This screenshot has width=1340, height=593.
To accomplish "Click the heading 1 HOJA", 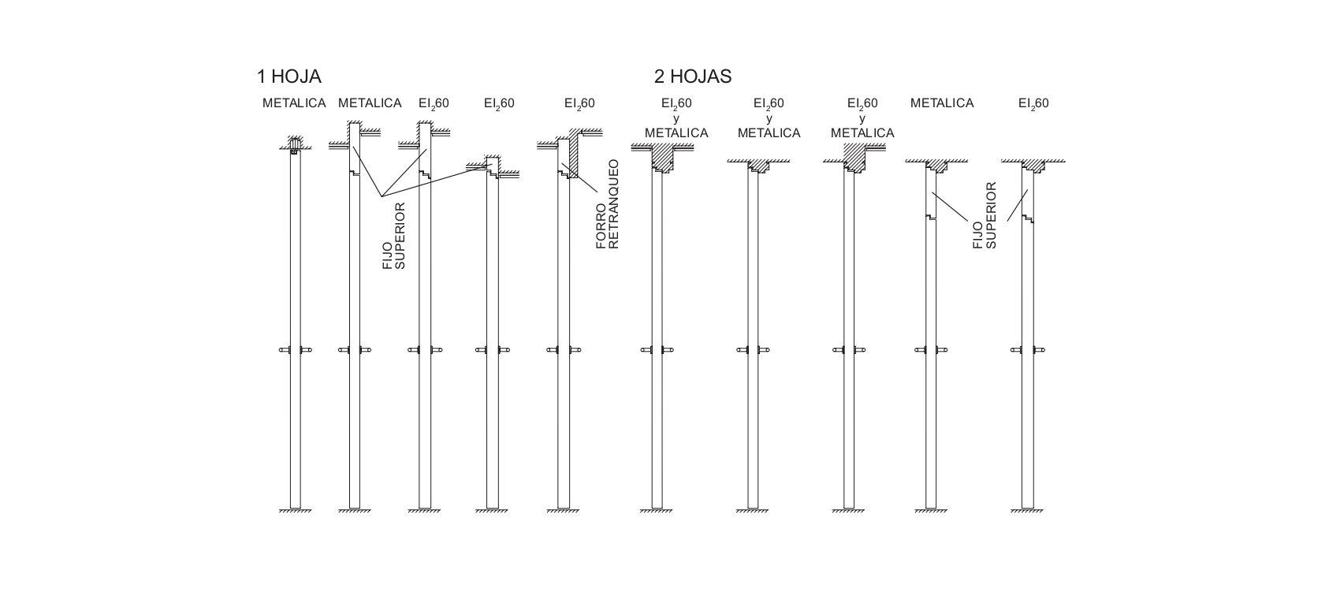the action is [289, 76].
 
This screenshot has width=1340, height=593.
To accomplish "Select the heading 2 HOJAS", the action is [693, 76].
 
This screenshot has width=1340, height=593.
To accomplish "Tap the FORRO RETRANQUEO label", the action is [607, 204].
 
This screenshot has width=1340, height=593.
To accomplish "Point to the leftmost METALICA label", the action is [294, 103].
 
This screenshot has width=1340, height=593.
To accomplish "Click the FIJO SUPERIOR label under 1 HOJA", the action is [393, 236].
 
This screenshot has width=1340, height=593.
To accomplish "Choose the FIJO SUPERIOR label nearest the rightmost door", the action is [985, 215].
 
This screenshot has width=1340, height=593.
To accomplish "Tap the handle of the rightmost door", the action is [1027, 350].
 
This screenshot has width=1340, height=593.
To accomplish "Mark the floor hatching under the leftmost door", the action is [296, 511].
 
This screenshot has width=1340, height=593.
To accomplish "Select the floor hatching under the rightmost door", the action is [1027, 511].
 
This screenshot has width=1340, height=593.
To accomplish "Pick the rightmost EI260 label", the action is [1033, 103].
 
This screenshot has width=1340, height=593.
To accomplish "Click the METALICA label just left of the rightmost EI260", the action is [942, 103].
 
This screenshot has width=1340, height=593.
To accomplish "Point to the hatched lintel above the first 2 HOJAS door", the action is [663, 157].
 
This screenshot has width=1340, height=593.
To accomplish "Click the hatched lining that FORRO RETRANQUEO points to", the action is [574, 158].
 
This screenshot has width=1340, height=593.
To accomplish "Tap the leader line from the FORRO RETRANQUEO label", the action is [579, 177].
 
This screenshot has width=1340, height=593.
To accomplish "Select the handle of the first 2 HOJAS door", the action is [657, 350].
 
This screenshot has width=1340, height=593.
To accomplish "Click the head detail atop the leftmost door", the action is [294, 145].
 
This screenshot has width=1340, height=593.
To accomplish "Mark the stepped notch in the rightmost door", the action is [1028, 219].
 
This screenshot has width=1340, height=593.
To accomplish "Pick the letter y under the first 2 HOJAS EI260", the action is [676, 118].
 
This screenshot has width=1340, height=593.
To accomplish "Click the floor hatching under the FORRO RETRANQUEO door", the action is [563, 511].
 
